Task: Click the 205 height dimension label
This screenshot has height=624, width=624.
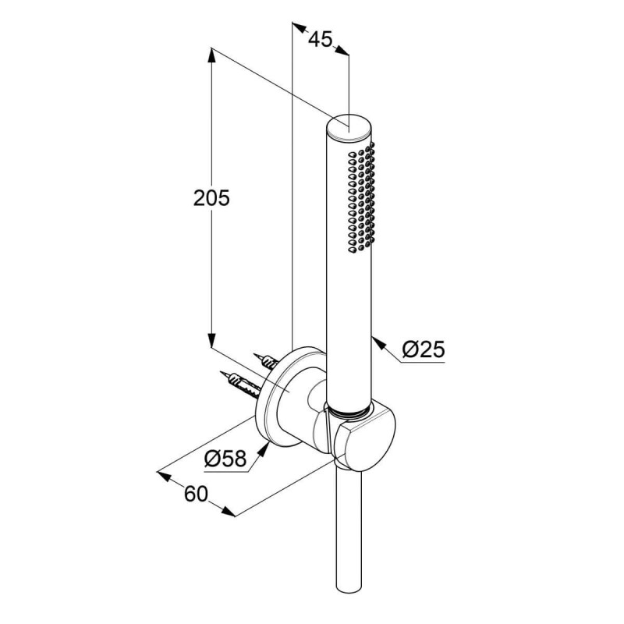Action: tap(211, 198)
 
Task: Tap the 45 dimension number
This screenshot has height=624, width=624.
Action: tap(320, 39)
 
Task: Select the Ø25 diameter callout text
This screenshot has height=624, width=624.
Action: tap(423, 349)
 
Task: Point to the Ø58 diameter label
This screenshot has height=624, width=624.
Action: tap(225, 458)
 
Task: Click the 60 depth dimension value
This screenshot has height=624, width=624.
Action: tap(196, 494)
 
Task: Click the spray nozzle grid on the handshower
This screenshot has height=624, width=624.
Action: tap(361, 197)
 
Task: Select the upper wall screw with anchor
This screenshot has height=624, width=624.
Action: tap(266, 360)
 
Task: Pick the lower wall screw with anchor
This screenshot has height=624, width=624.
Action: tap(240, 385)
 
